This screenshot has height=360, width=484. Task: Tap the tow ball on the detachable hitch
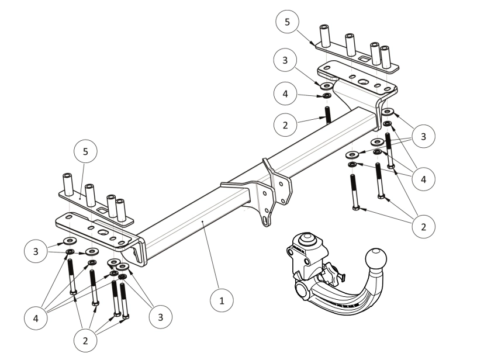(375, 259)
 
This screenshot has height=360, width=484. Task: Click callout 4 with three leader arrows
(424, 179)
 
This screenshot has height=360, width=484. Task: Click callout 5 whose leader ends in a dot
(86, 151)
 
